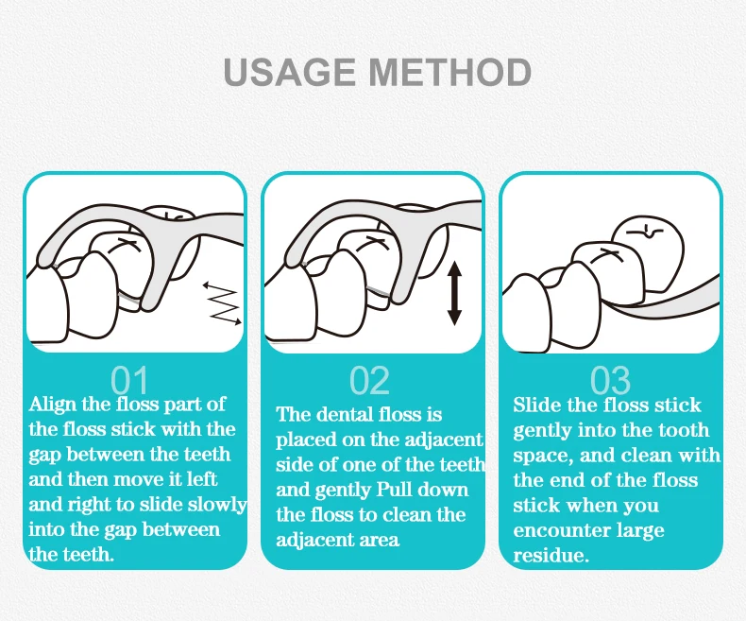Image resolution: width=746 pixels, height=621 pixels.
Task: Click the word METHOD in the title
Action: coord(450,72)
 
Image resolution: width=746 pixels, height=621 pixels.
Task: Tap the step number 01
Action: coord(129,381)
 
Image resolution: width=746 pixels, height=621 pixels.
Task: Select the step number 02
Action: coord(369,381)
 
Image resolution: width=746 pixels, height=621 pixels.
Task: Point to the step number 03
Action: coord(610,381)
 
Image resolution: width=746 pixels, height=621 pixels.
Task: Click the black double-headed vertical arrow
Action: coord(455,293)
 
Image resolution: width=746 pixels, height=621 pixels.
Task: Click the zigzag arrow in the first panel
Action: coord(222,304)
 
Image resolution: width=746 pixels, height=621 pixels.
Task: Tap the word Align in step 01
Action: coord(52,405)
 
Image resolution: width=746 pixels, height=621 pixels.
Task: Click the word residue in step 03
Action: coord(551,555)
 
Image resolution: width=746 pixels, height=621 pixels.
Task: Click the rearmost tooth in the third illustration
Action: coord(649,252)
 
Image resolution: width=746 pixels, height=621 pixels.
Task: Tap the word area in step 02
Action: coord(380,541)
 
